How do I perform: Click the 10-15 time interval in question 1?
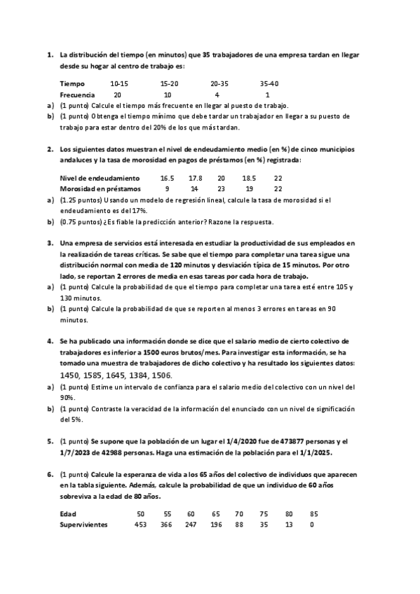click(119, 83)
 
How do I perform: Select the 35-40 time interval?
click(269, 83)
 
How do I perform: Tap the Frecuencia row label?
click(77, 94)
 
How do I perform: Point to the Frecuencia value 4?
click(217, 94)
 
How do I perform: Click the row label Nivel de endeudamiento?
click(100, 178)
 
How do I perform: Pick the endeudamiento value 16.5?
click(167, 178)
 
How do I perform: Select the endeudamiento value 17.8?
click(196, 178)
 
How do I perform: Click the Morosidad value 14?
click(194, 188)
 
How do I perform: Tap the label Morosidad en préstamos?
click(100, 188)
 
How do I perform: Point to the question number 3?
click(50, 243)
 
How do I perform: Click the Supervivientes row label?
click(84, 525)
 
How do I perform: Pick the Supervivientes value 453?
click(141, 525)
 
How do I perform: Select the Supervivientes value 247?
click(191, 525)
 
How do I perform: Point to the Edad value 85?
click(313, 513)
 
